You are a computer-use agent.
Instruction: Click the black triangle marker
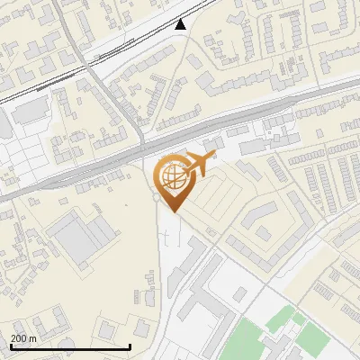[181, 24]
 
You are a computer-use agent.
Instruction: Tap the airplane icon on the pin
[199, 164]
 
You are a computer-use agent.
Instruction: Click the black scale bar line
[70, 346]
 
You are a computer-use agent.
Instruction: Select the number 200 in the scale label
[20, 338]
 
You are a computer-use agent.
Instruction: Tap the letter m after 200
[32, 338]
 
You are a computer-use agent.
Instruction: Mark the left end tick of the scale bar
[11, 346]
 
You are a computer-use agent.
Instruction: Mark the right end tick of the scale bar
[130, 346]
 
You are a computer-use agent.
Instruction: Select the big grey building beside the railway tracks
[31, 111]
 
